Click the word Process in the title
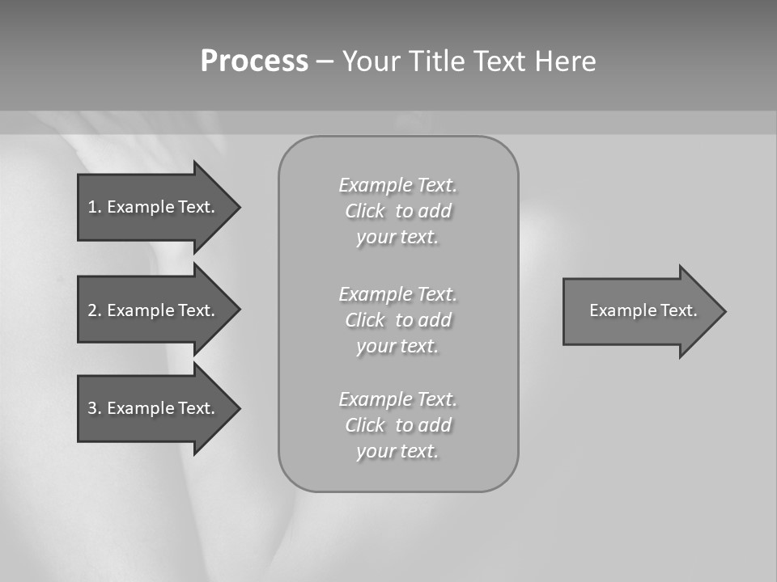click(x=254, y=61)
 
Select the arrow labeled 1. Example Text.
click(x=154, y=207)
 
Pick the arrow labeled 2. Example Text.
click(x=154, y=310)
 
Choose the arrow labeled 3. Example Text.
click(x=154, y=408)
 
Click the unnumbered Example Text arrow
click(x=639, y=311)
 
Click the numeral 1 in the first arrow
click(x=92, y=207)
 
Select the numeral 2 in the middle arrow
click(x=92, y=310)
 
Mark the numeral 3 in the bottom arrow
click(x=92, y=408)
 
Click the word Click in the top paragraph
click(x=365, y=211)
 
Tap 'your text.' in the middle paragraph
click(x=397, y=346)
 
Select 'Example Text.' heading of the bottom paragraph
click(x=397, y=399)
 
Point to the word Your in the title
click(x=372, y=61)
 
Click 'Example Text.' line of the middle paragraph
click(x=397, y=293)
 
